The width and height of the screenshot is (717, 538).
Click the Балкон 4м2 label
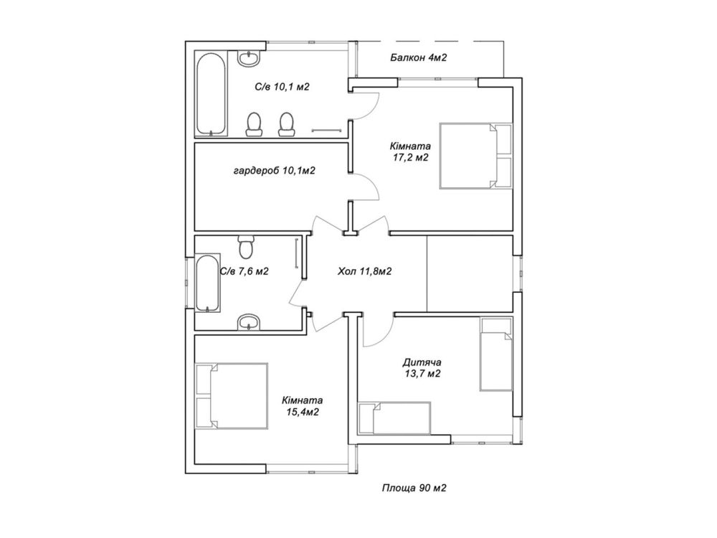(x=418, y=57)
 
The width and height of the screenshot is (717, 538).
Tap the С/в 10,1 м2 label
(x=282, y=87)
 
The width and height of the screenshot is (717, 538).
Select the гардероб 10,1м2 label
(x=275, y=171)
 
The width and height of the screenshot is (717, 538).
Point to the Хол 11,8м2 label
(x=364, y=271)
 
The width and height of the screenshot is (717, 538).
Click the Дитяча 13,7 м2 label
(x=422, y=368)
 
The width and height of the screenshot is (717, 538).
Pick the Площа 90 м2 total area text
(x=414, y=488)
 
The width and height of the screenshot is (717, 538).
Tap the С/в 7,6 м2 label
(x=244, y=271)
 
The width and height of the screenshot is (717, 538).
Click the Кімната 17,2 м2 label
(x=410, y=152)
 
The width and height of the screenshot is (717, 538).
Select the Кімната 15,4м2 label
(x=303, y=406)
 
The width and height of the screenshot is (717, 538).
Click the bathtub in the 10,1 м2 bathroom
(x=212, y=94)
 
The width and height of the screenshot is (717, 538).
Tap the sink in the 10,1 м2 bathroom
(x=249, y=58)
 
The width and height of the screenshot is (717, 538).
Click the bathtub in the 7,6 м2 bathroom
(x=208, y=283)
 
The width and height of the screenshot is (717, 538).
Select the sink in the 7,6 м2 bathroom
(x=249, y=322)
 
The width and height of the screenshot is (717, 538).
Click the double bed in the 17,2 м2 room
(x=475, y=156)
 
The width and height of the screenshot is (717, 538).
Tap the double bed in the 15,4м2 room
(x=232, y=396)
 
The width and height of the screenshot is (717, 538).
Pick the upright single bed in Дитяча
(x=496, y=355)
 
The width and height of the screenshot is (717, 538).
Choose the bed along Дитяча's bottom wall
(x=394, y=418)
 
